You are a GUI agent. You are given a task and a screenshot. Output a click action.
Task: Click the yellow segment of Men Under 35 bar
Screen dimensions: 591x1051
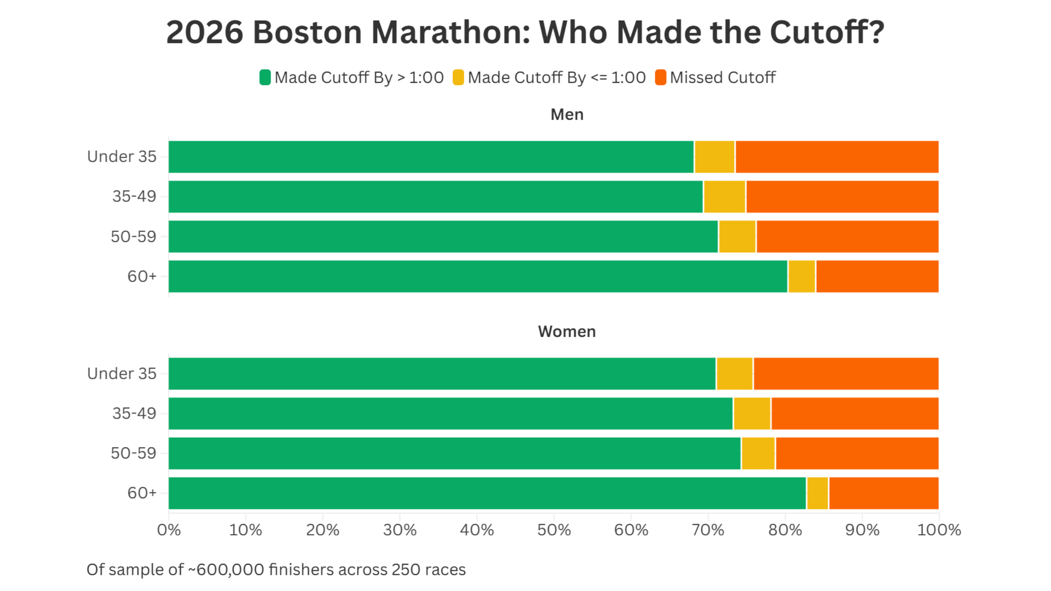[714, 157]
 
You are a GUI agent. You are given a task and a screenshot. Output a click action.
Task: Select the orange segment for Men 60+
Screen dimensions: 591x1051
[877, 276]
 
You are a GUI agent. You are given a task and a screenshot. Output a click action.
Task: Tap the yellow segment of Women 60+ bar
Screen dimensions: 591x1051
[817, 493]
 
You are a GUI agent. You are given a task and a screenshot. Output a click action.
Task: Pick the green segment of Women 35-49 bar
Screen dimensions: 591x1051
[450, 414]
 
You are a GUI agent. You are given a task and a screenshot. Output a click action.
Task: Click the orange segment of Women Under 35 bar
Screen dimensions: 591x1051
[846, 374]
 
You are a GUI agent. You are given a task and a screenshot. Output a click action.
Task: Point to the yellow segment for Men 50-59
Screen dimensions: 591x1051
[737, 236]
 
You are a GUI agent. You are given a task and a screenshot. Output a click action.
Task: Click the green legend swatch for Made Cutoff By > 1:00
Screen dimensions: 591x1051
[265, 78]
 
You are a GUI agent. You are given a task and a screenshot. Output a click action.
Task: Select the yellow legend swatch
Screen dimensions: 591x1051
[458, 78]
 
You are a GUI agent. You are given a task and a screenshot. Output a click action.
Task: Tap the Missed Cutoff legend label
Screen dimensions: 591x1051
[723, 78]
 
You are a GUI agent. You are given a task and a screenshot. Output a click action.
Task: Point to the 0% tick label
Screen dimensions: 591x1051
[169, 530]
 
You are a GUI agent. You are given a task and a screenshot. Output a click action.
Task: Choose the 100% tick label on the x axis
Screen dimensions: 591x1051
[939, 530]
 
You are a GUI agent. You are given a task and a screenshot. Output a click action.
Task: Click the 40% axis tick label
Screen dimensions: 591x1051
[477, 530]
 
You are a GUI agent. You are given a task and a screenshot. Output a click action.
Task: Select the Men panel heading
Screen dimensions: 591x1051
[567, 114]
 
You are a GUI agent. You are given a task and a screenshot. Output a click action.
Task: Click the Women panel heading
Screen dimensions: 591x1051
[567, 332]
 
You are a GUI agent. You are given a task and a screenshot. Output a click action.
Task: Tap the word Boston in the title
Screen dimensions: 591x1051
[307, 32]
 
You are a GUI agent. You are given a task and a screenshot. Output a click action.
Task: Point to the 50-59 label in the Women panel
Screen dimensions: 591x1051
[133, 453]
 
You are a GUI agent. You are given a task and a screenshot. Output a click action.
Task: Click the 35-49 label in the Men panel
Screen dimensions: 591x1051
[134, 196]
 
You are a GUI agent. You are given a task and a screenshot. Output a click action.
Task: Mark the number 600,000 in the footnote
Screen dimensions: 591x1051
[230, 570]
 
